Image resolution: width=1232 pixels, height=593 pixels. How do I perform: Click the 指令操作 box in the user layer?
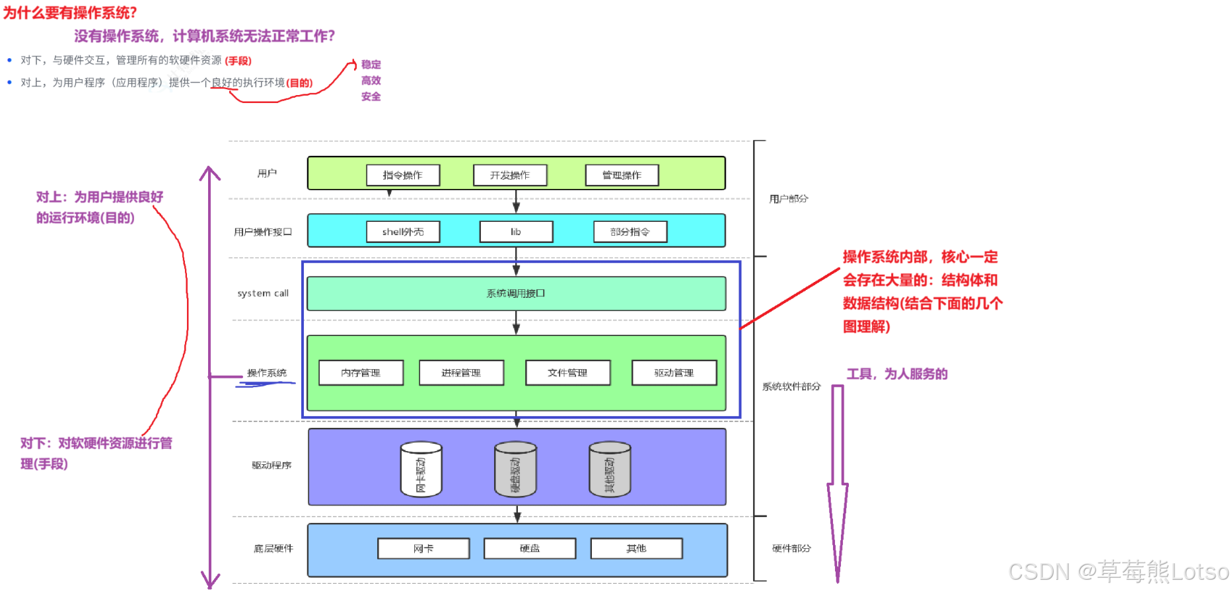tap(403, 175)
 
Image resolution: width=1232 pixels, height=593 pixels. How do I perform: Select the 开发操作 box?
tap(510, 175)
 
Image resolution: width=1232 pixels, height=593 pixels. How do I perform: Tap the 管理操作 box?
tap(622, 175)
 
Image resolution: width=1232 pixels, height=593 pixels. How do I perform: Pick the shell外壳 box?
tap(403, 232)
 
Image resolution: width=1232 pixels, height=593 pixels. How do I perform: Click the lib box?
tap(516, 232)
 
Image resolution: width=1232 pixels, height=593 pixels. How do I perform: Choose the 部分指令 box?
tap(630, 232)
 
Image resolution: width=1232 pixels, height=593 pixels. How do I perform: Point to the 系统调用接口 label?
tap(516, 293)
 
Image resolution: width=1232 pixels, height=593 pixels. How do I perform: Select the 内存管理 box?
tap(361, 372)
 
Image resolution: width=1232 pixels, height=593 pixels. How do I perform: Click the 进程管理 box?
tap(461, 372)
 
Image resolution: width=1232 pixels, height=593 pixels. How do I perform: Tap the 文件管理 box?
tap(567, 372)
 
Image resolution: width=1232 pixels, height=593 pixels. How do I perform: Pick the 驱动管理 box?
tap(674, 372)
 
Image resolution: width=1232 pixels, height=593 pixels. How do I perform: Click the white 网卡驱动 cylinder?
tap(421, 470)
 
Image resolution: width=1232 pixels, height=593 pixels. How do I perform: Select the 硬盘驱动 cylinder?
tap(515, 470)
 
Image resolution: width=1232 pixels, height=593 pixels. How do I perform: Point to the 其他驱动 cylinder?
tap(610, 470)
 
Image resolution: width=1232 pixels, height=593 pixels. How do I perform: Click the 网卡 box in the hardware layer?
tap(423, 548)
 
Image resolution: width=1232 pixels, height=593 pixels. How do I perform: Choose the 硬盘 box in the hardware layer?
tap(530, 548)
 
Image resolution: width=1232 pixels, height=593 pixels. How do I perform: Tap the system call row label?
tap(263, 293)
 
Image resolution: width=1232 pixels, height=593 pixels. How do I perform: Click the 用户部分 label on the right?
tap(789, 198)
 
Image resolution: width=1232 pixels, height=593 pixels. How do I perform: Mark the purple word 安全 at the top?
tap(371, 96)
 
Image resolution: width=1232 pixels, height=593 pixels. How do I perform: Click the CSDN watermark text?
tap(1118, 571)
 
